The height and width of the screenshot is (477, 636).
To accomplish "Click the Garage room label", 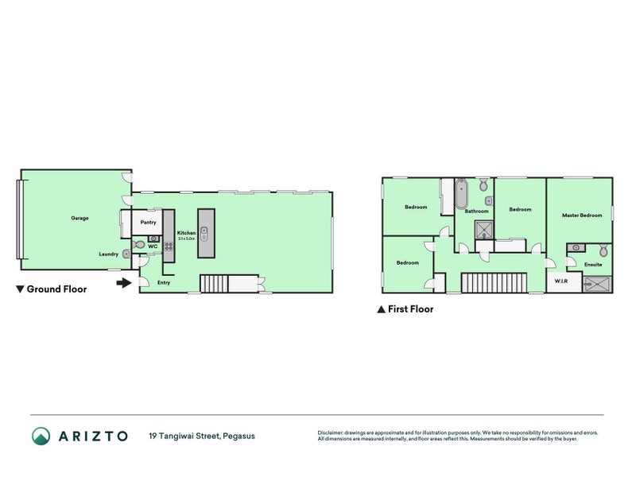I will (79, 217).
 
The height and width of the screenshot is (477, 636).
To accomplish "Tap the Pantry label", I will (148, 223).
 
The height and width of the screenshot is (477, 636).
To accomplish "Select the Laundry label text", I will (109, 254).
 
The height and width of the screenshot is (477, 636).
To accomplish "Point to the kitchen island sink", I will (205, 232).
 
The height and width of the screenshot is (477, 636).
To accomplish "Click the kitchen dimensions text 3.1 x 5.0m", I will (187, 238).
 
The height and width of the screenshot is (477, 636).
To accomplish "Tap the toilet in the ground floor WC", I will (139, 246).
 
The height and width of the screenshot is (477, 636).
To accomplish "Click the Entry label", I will (164, 282).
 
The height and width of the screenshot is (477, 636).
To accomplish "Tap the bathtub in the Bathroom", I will (460, 195).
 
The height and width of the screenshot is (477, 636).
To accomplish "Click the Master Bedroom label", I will (582, 215).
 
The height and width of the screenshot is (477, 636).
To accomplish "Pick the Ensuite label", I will (593, 264).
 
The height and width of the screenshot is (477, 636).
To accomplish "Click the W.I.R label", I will (560, 282).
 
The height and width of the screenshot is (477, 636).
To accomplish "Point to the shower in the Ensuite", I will (598, 283).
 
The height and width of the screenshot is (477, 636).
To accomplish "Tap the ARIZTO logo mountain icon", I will (41, 436).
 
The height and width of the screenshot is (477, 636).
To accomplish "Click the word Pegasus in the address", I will (239, 436).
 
